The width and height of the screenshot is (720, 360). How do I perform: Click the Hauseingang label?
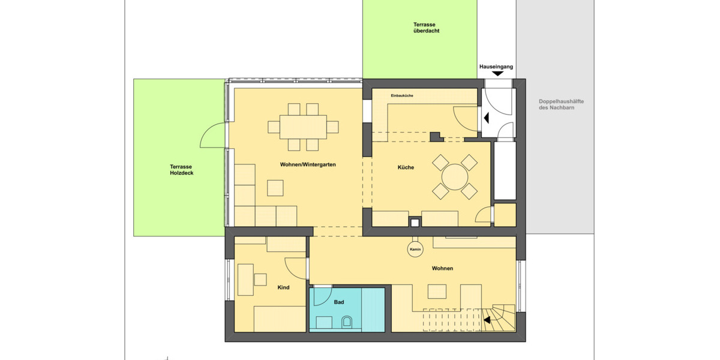click(x=496, y=67)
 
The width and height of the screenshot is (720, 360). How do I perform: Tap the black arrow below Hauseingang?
click(x=497, y=74)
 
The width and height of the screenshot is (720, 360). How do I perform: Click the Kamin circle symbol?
click(x=414, y=250)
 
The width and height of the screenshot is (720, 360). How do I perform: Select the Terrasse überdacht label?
click(x=427, y=28)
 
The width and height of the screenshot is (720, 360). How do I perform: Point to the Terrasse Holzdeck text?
click(x=182, y=170)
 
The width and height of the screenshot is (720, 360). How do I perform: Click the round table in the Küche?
click(x=455, y=177)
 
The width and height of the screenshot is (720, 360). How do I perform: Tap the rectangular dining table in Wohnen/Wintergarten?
click(x=303, y=127)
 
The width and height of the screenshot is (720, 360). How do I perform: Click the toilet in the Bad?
click(x=346, y=323)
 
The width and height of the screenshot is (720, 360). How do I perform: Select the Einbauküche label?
click(x=401, y=96)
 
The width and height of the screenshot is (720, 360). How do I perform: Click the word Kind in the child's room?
click(x=283, y=287)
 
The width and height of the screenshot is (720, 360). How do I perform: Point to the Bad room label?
click(x=339, y=302)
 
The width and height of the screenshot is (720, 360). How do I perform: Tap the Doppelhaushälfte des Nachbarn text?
click(x=561, y=104)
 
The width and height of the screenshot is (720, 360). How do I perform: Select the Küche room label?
click(x=406, y=167)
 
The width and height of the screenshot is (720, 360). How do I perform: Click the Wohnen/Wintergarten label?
click(x=307, y=164)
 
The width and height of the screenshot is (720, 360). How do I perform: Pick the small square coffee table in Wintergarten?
click(x=275, y=188)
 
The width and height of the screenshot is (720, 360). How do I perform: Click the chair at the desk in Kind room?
click(x=260, y=280)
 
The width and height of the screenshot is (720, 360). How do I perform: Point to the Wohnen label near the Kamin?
click(x=442, y=268)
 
